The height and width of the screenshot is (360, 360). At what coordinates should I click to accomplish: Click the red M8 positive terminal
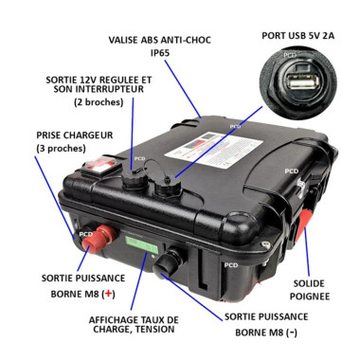pos(97,242)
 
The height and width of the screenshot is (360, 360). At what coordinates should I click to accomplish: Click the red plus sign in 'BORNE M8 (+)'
pos(112,295)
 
